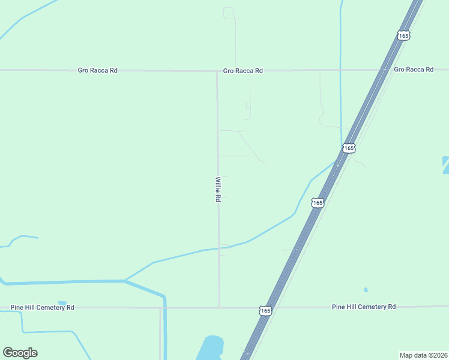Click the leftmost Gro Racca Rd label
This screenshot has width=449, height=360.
point(97,70)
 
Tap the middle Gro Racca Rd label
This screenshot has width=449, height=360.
point(243,71)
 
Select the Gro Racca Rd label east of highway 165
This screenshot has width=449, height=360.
point(414,70)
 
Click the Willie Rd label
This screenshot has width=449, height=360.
point(218,189)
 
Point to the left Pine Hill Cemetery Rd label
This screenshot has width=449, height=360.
point(42,307)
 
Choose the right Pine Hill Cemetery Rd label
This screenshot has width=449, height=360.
point(364,307)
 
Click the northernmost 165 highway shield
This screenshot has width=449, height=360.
point(403,36)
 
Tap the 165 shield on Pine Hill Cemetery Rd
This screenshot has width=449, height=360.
point(265,310)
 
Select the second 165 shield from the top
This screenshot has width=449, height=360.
point(349,148)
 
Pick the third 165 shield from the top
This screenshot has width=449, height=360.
point(318,203)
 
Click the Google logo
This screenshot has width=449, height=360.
point(20,353)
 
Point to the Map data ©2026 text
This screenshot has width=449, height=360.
point(424,355)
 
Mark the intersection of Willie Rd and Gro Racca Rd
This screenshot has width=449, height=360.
point(217,71)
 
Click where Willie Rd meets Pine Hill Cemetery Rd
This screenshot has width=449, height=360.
point(219,307)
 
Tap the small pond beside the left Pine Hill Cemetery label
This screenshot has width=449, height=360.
point(62,302)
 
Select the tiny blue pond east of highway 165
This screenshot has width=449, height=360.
point(366,290)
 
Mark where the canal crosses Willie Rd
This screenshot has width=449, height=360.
point(218,248)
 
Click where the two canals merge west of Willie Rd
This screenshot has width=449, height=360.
point(125,280)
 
